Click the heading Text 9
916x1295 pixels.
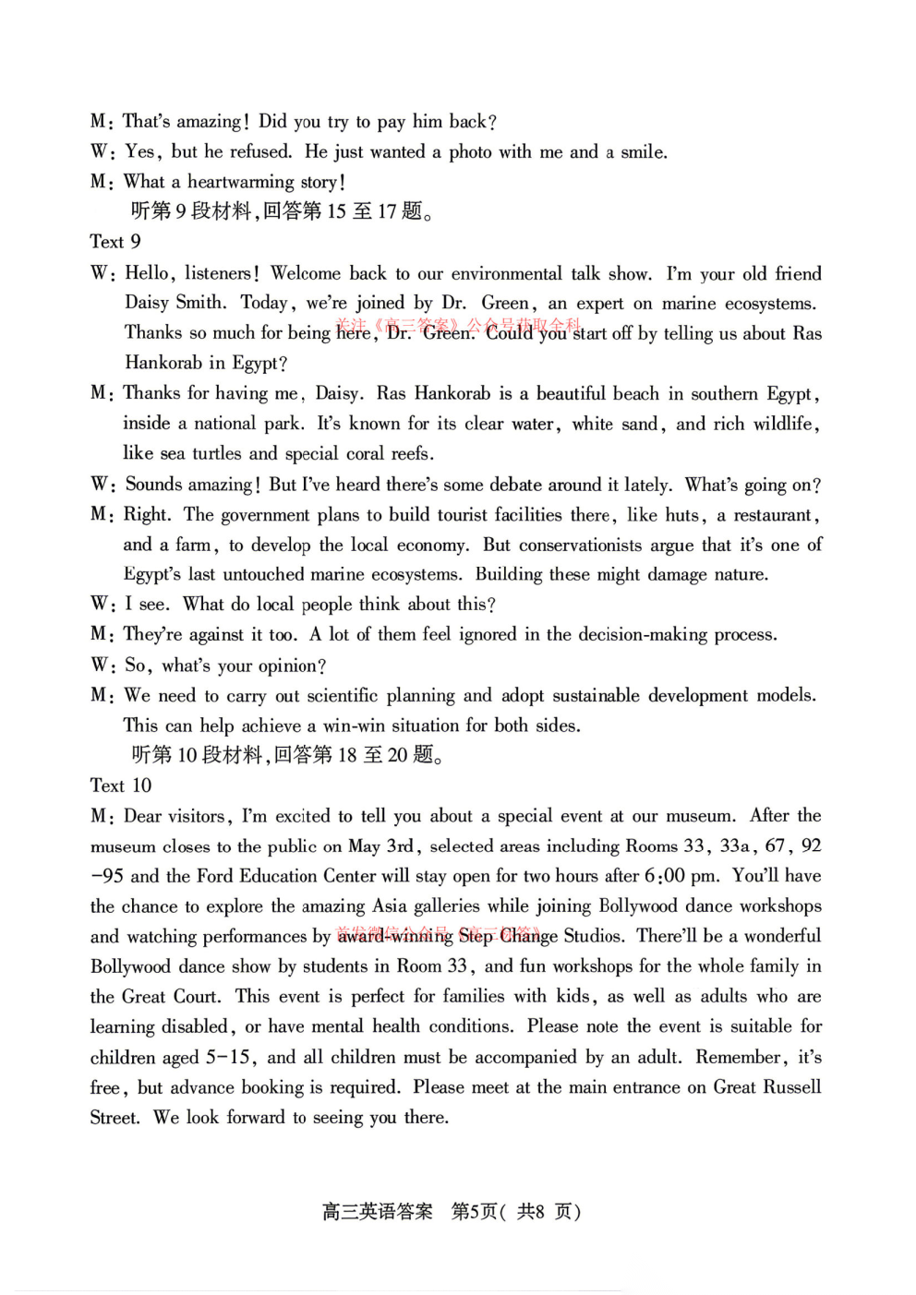tap(115, 242)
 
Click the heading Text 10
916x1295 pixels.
tap(121, 785)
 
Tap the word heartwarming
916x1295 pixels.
tap(240, 182)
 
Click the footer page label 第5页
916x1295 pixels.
tap(474, 1212)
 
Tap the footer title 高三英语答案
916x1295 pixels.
tap(377, 1212)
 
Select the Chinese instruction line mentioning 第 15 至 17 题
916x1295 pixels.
tap(282, 211)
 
